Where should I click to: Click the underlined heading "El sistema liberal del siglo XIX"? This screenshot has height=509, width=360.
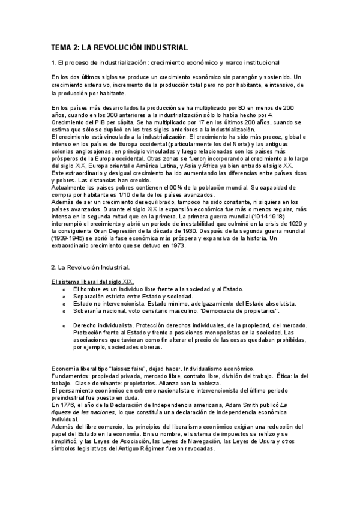point(92,281)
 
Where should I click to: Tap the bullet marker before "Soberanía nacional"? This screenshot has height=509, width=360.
point(64,310)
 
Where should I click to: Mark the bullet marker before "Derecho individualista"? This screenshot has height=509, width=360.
point(64,325)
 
